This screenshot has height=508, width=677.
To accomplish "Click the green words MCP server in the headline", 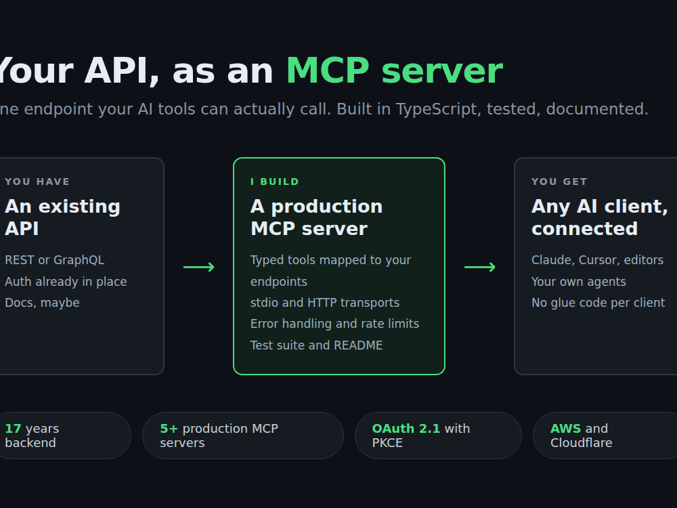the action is point(395,70).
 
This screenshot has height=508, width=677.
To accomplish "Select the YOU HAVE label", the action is point(37,182).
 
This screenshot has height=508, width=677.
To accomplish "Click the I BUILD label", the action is point(275,182).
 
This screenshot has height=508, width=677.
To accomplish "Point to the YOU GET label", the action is point(559,182).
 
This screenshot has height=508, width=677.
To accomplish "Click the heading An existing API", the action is point(62,217).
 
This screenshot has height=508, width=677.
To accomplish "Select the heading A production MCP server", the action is point(316,217).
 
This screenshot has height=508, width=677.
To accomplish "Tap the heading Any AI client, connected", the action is point(600,217).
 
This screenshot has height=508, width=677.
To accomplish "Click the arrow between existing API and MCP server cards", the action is point(198,267).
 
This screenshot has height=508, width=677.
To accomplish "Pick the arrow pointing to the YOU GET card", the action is point(480,267).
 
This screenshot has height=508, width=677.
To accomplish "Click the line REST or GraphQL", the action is point(54,260).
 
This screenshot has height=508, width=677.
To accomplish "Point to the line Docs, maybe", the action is point(42,303).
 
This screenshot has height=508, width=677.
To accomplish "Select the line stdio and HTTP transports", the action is point(325,303).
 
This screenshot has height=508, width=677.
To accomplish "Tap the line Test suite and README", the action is point(316,345).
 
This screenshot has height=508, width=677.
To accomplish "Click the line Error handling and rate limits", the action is point(334,324).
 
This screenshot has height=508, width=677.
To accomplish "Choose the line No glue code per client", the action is point(598,303).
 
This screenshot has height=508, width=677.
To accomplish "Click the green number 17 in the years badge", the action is point(13,429).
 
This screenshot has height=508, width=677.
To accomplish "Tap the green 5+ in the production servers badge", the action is point(169,429).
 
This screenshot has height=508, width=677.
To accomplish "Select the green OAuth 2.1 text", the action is point(406,429).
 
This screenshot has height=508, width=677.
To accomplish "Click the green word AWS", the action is point(565,429).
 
